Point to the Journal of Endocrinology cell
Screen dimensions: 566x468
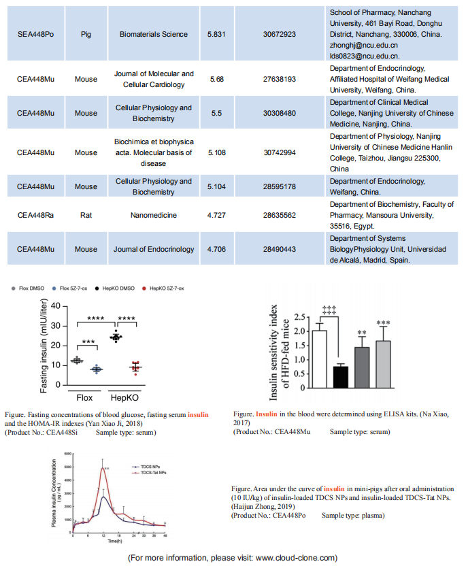(x=154, y=249)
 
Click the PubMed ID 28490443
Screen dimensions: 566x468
(x=271, y=249)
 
